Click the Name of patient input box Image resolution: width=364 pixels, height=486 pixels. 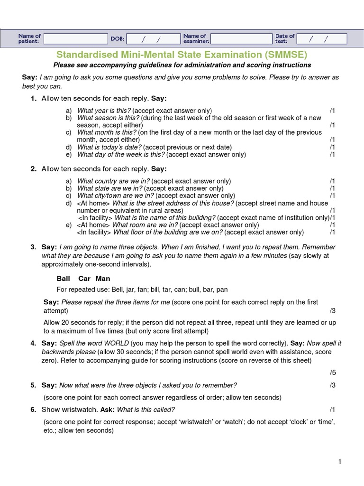click(76, 38)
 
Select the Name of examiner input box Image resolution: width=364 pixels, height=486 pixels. click(241, 38)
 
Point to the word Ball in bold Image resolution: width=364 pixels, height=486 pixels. click(63, 279)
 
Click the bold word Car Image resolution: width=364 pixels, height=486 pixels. click(84, 279)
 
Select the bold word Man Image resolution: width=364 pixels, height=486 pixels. click(103, 279)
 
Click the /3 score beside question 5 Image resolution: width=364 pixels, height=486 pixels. click(332, 385)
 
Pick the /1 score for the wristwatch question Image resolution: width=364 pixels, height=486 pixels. click(332, 410)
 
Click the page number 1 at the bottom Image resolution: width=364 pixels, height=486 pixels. click(340, 461)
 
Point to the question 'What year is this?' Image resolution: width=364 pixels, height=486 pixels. click(104, 110)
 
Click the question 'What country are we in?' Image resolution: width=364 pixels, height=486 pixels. click(113, 181)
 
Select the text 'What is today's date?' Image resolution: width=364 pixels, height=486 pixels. click(109, 147)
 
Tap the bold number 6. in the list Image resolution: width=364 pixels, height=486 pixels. click(33, 410)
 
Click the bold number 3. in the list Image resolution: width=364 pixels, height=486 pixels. click(33, 247)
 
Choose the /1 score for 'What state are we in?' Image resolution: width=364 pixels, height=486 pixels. click(332, 188)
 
